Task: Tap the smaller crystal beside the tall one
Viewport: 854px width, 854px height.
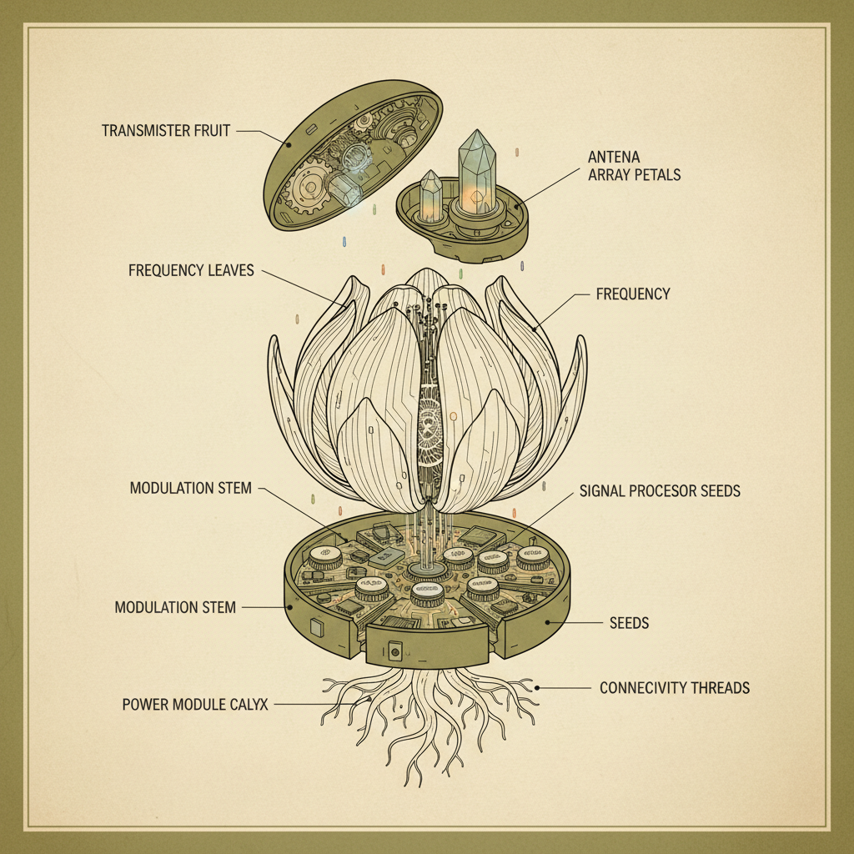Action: click(x=431, y=195)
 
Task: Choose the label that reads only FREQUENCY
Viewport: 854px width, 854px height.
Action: click(x=633, y=294)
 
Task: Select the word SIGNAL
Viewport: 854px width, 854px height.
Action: click(x=601, y=491)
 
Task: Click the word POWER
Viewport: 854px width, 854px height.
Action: click(x=147, y=705)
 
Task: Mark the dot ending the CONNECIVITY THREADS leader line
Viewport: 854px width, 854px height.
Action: click(x=538, y=688)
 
